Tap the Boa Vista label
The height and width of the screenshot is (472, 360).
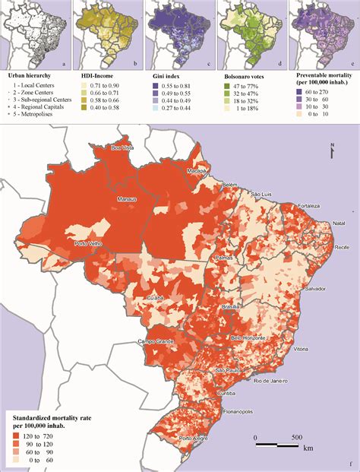pyautogui.click(x=123, y=147)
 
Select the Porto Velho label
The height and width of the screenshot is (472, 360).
pyautogui.click(x=88, y=244)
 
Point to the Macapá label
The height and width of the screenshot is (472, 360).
pyautogui.click(x=197, y=171)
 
